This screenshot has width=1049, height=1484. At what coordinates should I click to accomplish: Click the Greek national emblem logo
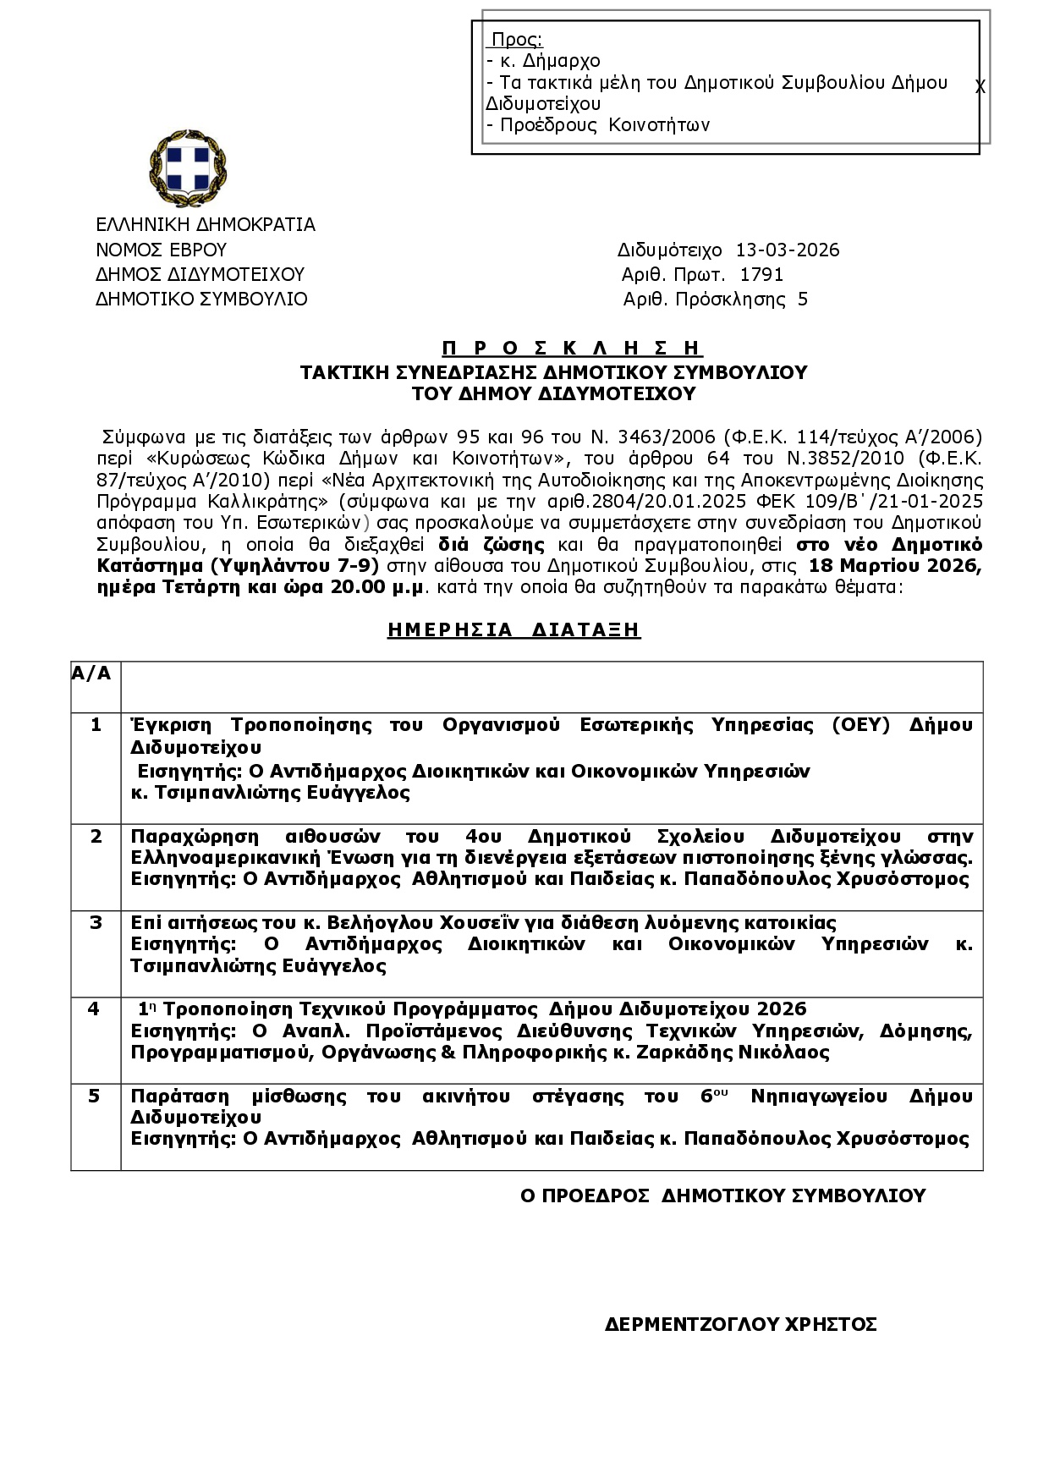click(x=188, y=168)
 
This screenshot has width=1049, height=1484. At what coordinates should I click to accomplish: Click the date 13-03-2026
click(x=787, y=250)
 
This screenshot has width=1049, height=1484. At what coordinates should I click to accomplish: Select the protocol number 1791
click(x=761, y=275)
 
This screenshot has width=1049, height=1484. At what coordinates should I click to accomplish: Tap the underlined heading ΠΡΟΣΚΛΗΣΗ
click(x=572, y=348)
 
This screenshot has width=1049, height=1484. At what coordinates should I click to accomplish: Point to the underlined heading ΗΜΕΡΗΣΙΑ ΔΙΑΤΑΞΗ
click(x=514, y=629)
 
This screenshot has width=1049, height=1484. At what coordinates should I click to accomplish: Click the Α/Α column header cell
click(x=91, y=673)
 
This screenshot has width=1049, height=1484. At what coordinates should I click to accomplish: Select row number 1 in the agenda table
click(x=96, y=725)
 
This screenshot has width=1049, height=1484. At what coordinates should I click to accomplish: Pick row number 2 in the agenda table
click(x=96, y=836)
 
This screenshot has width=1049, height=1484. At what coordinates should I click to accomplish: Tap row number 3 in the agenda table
click(x=96, y=922)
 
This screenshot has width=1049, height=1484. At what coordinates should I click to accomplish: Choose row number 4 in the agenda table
click(x=94, y=1009)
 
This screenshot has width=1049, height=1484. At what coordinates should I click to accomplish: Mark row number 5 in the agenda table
click(x=95, y=1097)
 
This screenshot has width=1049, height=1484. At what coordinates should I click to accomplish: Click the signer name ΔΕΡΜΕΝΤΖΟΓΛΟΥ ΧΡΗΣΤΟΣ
click(x=740, y=1324)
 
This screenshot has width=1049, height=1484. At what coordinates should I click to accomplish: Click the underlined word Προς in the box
click(x=516, y=40)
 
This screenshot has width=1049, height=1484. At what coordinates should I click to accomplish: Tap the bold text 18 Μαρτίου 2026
click(x=895, y=565)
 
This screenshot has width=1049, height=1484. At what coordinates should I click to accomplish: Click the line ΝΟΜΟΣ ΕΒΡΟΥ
click(x=161, y=250)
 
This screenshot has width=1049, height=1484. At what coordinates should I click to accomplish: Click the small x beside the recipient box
click(x=980, y=87)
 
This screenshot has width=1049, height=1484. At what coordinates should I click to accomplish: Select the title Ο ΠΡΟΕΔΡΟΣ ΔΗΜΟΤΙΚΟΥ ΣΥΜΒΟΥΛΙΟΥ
click(x=722, y=1195)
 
